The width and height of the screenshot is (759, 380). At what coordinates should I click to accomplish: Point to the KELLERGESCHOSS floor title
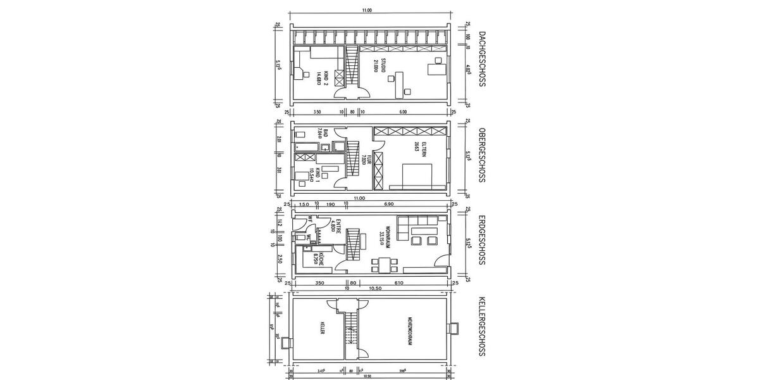pyautogui.click(x=483, y=330)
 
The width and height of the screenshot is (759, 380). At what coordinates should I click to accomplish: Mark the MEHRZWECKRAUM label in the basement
pyautogui.click(x=410, y=331)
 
